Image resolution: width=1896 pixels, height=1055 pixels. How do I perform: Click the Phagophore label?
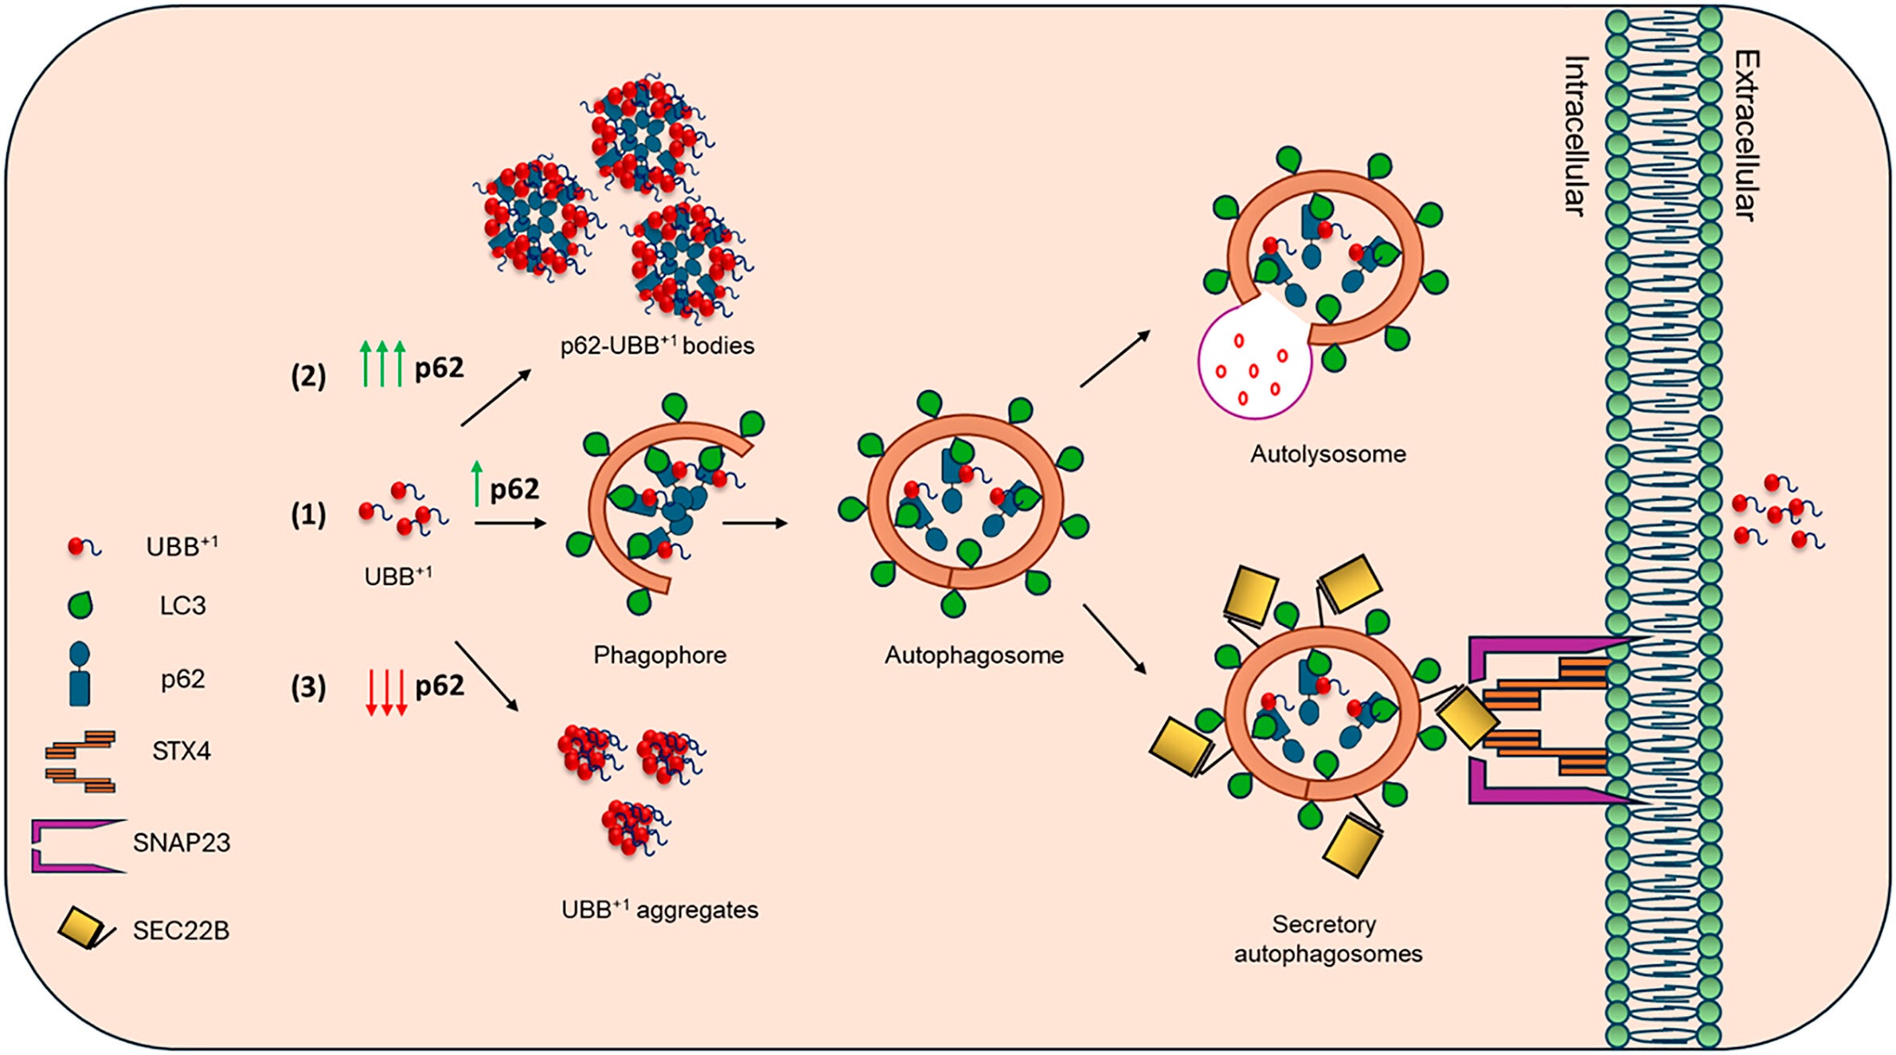click(659, 654)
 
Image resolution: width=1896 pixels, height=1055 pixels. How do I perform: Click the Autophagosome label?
click(973, 654)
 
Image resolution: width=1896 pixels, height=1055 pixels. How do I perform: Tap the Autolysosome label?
click(1327, 454)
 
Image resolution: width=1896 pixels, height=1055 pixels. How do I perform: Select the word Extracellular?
click(1746, 135)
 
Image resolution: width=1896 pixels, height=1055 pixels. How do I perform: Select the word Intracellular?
click(1575, 135)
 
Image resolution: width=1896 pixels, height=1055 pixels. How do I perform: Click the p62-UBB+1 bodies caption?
click(657, 346)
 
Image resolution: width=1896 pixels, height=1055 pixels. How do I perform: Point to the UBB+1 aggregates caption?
click(659, 909)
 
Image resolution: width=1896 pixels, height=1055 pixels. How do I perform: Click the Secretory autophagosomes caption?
click(1327, 939)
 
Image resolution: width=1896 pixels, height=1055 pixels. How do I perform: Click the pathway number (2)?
click(308, 376)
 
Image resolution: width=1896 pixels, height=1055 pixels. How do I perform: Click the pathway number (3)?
click(308, 686)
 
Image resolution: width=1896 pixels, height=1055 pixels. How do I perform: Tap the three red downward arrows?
click(386, 692)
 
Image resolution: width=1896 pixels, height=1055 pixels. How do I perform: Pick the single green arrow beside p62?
click(477, 483)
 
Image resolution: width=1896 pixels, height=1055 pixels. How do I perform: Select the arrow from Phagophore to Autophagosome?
click(754, 523)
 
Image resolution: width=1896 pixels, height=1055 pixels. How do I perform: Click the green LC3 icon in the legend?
click(80, 605)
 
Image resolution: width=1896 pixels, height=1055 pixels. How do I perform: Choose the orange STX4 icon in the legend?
click(80, 760)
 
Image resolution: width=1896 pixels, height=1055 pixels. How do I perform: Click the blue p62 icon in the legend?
click(80, 675)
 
